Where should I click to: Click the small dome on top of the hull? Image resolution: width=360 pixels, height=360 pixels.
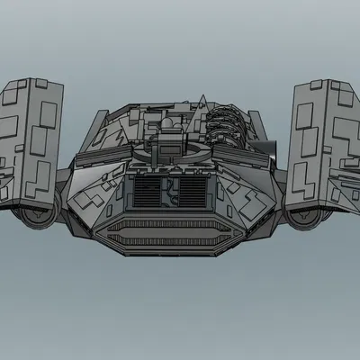click(x=168, y=121)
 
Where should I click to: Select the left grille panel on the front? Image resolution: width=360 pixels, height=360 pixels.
click(x=143, y=191)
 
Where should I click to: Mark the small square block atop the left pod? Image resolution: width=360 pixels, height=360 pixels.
click(x=40, y=84)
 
